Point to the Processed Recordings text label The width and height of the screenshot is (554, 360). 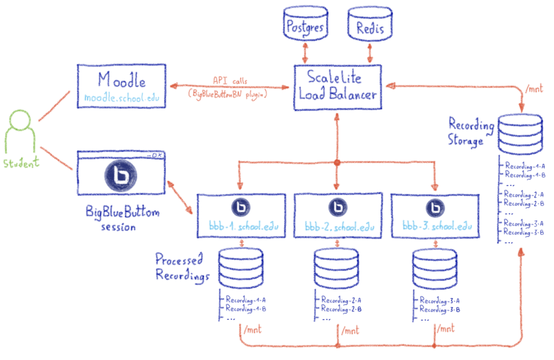[180, 267]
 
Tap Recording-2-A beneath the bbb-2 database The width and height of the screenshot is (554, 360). [341, 300]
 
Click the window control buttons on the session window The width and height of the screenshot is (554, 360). [156, 156]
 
